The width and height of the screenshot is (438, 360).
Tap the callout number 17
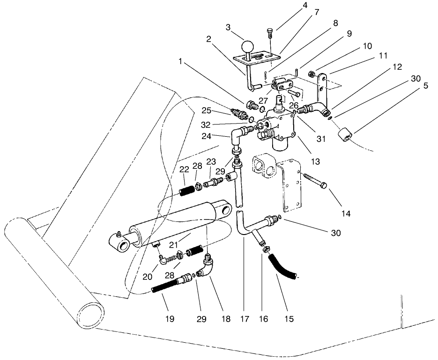[x=242, y=319]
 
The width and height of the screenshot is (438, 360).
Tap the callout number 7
[x=317, y=12]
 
